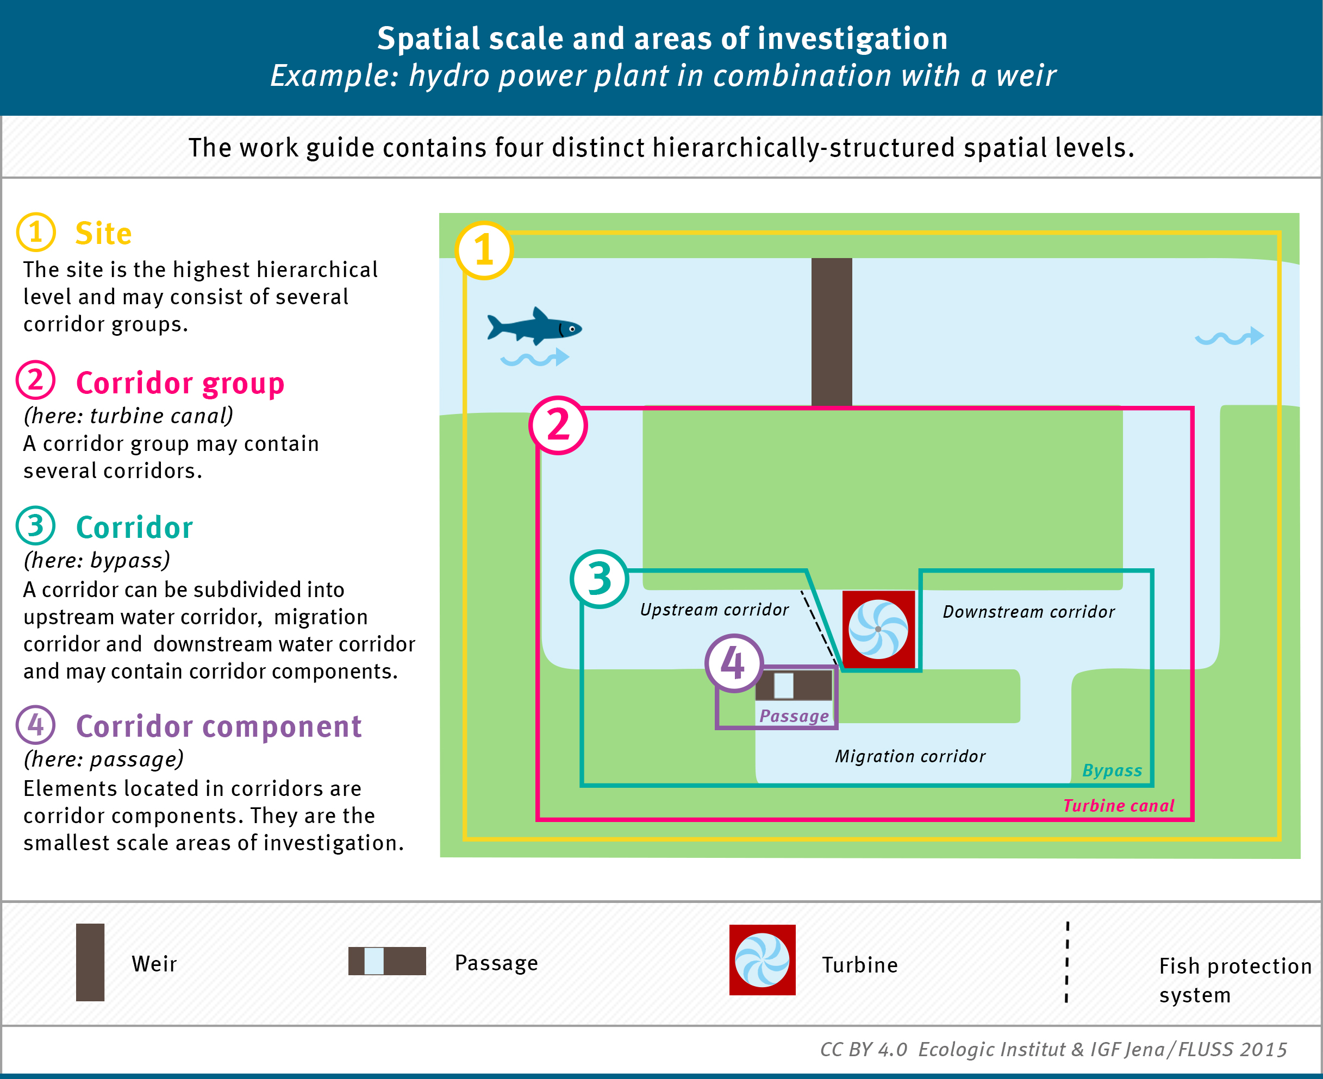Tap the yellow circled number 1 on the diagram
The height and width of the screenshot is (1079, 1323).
[484, 250]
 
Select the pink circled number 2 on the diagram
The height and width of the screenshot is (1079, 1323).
[558, 426]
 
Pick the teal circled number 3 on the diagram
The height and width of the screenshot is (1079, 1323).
[600, 579]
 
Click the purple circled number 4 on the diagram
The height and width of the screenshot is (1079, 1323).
[734, 663]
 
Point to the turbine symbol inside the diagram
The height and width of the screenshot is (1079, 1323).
[878, 629]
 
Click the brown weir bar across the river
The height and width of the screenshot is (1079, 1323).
[831, 332]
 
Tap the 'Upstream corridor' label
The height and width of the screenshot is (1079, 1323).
[714, 610]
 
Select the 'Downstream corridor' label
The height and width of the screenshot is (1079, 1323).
[1028, 612]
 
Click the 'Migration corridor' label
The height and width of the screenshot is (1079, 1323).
[910, 756]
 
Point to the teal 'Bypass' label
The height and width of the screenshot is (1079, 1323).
[1112, 771]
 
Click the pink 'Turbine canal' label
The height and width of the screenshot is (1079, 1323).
[1119, 806]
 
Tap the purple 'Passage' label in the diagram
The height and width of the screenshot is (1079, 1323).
[794, 717]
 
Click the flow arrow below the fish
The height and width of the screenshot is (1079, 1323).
[535, 358]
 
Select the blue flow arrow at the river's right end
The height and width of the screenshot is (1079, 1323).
[1230, 337]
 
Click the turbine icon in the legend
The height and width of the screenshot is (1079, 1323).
[762, 959]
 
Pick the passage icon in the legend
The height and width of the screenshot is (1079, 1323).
[386, 961]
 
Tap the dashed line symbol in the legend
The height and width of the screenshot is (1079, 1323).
[1067, 962]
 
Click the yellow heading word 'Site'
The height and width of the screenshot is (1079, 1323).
[103, 234]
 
